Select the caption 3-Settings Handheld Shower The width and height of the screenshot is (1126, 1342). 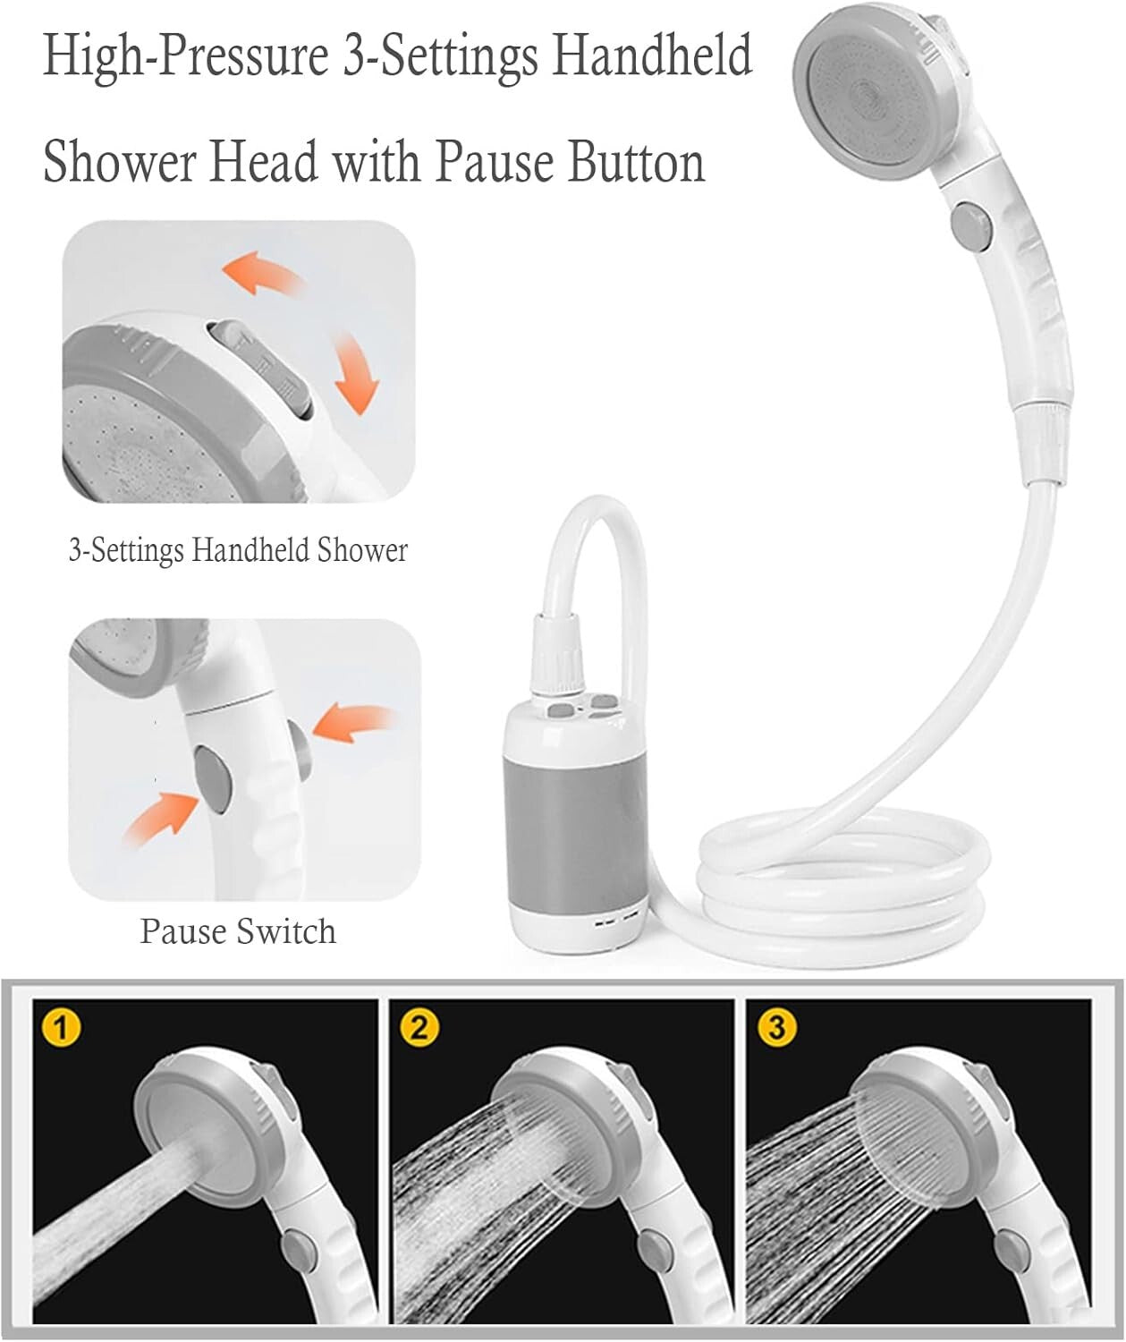tap(238, 550)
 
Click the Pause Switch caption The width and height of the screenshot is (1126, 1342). tap(238, 932)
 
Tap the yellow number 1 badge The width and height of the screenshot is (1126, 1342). tap(61, 1028)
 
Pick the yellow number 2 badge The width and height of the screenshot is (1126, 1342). tap(420, 1028)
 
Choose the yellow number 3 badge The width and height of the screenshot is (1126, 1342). tap(776, 1028)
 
